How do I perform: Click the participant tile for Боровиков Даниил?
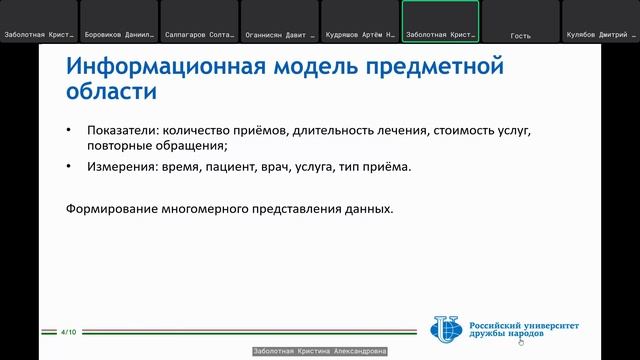tap(119, 20)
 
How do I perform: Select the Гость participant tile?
tap(520, 20)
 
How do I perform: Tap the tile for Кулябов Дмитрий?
tap(600, 20)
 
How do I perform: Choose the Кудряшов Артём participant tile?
tap(360, 20)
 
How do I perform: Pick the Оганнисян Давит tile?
tap(280, 20)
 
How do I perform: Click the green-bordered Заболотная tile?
tap(440, 20)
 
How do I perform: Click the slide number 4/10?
tap(69, 331)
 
